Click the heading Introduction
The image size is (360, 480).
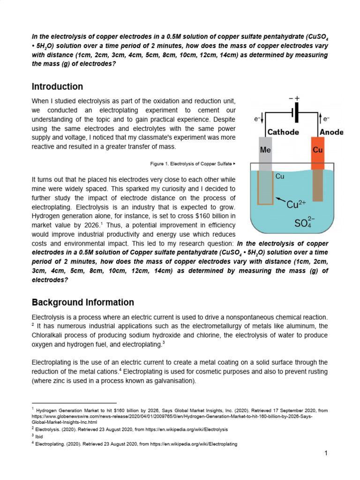pos(57,87)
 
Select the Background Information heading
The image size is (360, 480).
pos(82,302)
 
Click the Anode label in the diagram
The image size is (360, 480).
pos(331,132)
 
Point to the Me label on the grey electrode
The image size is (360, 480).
pos(265,150)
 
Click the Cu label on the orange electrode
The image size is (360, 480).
pos(317,150)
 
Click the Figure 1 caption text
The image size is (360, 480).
pos(190,164)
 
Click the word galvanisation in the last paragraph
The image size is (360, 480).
pos(171,381)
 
